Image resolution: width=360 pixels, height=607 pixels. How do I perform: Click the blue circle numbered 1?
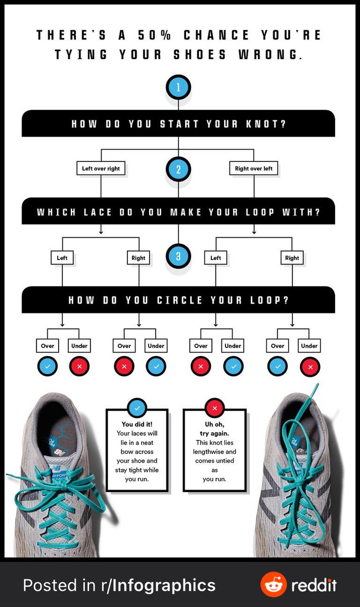[x=178, y=87]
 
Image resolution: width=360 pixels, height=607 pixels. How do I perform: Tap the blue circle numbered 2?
[x=178, y=169]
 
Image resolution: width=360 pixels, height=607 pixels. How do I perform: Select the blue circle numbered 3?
[x=178, y=256]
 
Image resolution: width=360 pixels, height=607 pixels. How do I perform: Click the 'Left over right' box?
[x=101, y=168]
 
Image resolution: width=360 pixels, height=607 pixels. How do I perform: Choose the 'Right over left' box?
[x=253, y=168]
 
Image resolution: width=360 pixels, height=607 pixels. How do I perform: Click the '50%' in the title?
[x=154, y=35]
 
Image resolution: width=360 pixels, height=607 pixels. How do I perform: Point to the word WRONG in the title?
[x=270, y=55]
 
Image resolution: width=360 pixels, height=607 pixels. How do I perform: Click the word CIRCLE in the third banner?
[x=179, y=300]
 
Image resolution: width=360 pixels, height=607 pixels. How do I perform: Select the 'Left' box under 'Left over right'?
[x=62, y=257]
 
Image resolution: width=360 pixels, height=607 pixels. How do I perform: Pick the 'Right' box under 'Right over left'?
[x=292, y=257]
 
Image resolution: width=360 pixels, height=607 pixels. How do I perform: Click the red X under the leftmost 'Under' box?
[x=79, y=366]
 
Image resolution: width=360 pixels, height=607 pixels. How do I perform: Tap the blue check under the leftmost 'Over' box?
[x=48, y=366]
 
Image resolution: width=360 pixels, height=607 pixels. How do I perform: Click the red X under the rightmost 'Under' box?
[x=310, y=367]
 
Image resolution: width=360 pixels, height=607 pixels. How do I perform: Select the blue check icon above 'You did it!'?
[x=137, y=408]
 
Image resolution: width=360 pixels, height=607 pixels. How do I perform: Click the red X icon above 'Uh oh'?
[x=214, y=408]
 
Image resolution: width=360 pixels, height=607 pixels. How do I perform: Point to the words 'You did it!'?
[x=137, y=424]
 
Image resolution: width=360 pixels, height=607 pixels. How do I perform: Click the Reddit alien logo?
[x=274, y=585]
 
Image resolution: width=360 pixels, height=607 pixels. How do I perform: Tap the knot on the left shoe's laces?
[x=63, y=487]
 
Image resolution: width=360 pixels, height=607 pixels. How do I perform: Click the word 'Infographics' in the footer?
[x=164, y=586]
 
